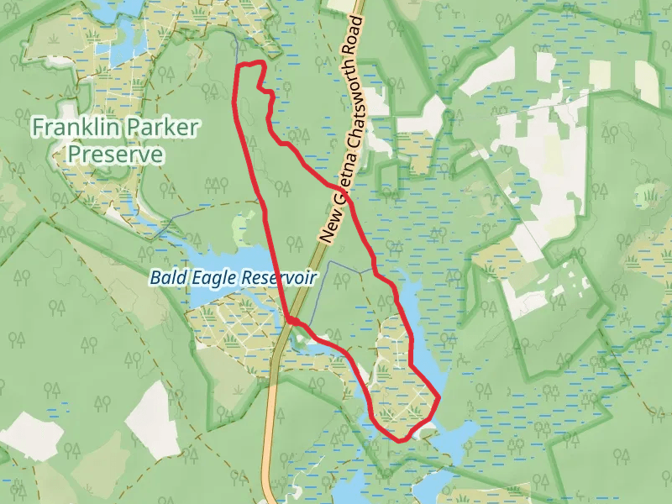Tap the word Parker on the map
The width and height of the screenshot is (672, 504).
[164, 129]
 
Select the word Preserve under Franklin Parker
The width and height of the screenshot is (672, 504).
[115, 155]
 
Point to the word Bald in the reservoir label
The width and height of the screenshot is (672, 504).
[165, 277]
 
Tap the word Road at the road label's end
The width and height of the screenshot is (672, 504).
[362, 38]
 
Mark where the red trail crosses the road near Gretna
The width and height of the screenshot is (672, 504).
[346, 199]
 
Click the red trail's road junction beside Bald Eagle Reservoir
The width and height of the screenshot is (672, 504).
[291, 320]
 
